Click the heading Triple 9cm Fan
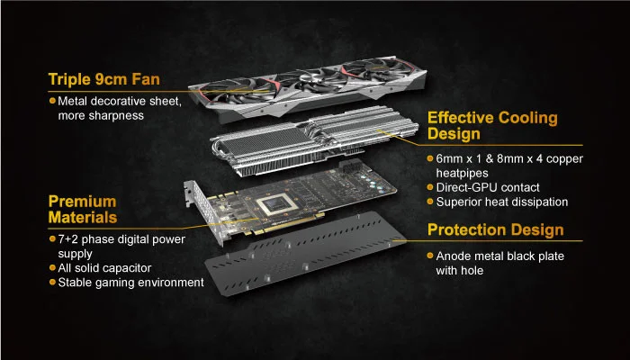(104, 79)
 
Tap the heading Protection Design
(495, 229)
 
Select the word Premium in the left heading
(83, 202)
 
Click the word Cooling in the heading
(528, 118)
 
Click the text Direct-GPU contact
(488, 187)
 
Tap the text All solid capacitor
(104, 268)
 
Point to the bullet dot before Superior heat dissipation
(430, 201)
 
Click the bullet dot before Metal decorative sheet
(52, 101)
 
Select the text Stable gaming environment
(131, 283)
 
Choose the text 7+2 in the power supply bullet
(68, 239)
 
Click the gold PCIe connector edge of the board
(287, 225)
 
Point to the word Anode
(454, 256)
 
